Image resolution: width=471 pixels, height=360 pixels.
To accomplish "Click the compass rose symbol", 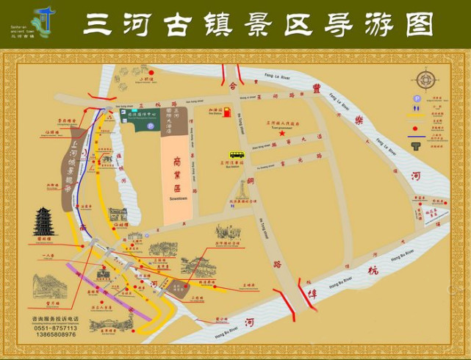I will click(x=425, y=79).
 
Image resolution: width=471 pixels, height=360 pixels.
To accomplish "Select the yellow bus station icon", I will click(x=237, y=155).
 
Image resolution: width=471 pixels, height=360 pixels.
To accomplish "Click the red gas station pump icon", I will click(x=227, y=112).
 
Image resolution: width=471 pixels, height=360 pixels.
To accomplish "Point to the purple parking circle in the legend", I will click(x=417, y=98).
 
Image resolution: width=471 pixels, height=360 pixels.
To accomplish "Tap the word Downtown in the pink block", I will click(x=177, y=179).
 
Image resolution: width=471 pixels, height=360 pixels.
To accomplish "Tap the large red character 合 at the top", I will click(x=233, y=86).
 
